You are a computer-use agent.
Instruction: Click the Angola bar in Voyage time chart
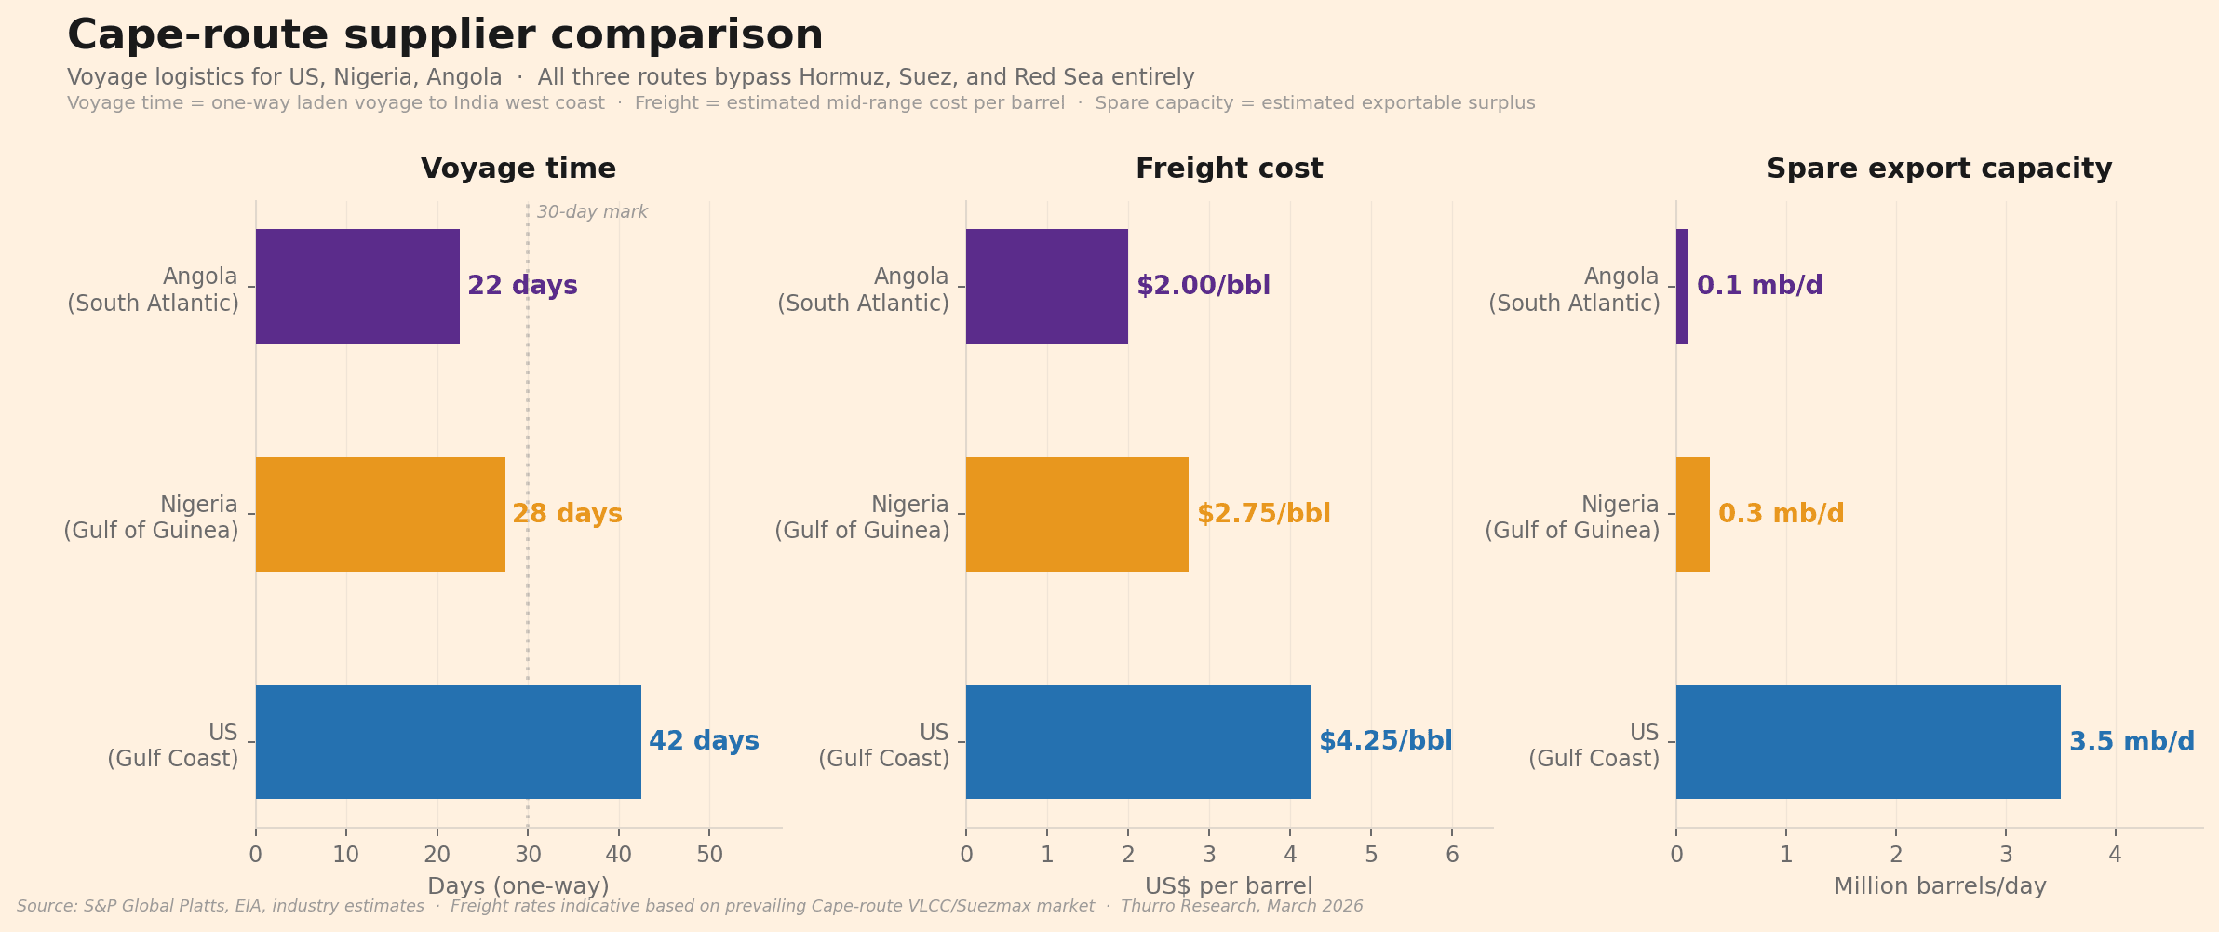point(357,286)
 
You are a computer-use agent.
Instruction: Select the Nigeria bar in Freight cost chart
point(1077,514)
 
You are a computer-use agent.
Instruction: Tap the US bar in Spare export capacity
point(1868,742)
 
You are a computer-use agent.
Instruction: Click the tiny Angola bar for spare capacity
point(1682,286)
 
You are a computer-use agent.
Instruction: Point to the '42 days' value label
point(704,741)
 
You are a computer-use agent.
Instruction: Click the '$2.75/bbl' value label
point(1263,514)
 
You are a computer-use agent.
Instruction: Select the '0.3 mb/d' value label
point(1781,514)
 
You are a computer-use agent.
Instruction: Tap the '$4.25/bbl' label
point(1385,741)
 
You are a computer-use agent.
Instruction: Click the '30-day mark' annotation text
point(592,212)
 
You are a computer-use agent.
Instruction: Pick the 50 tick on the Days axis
point(709,855)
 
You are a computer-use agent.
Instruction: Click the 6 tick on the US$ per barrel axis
point(1452,855)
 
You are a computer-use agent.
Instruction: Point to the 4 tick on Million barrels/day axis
point(2115,855)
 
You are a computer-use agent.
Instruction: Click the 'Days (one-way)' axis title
point(518,886)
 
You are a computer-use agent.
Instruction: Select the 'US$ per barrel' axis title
point(1229,886)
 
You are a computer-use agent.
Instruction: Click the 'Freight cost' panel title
point(1229,169)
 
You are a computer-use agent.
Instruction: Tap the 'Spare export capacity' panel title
point(1939,169)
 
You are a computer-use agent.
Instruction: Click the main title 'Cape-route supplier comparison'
point(445,35)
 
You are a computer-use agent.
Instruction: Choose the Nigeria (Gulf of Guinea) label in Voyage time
point(152,518)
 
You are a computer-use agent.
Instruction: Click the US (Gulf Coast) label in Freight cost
point(883,746)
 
